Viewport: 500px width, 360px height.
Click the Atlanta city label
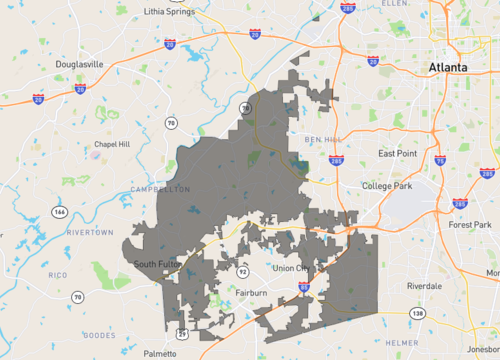point(446,67)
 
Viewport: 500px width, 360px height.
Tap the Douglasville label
point(77,64)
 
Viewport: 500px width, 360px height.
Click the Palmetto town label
point(158,353)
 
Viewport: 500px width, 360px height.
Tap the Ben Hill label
point(324,138)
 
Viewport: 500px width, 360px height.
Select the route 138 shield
point(417,314)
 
